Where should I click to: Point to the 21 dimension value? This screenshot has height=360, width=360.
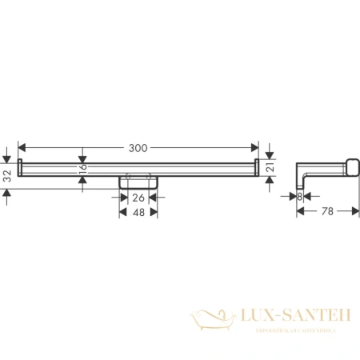coord(270,168)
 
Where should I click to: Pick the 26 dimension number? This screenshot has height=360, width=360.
coord(138,197)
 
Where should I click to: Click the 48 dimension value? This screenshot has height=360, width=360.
coord(138,213)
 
